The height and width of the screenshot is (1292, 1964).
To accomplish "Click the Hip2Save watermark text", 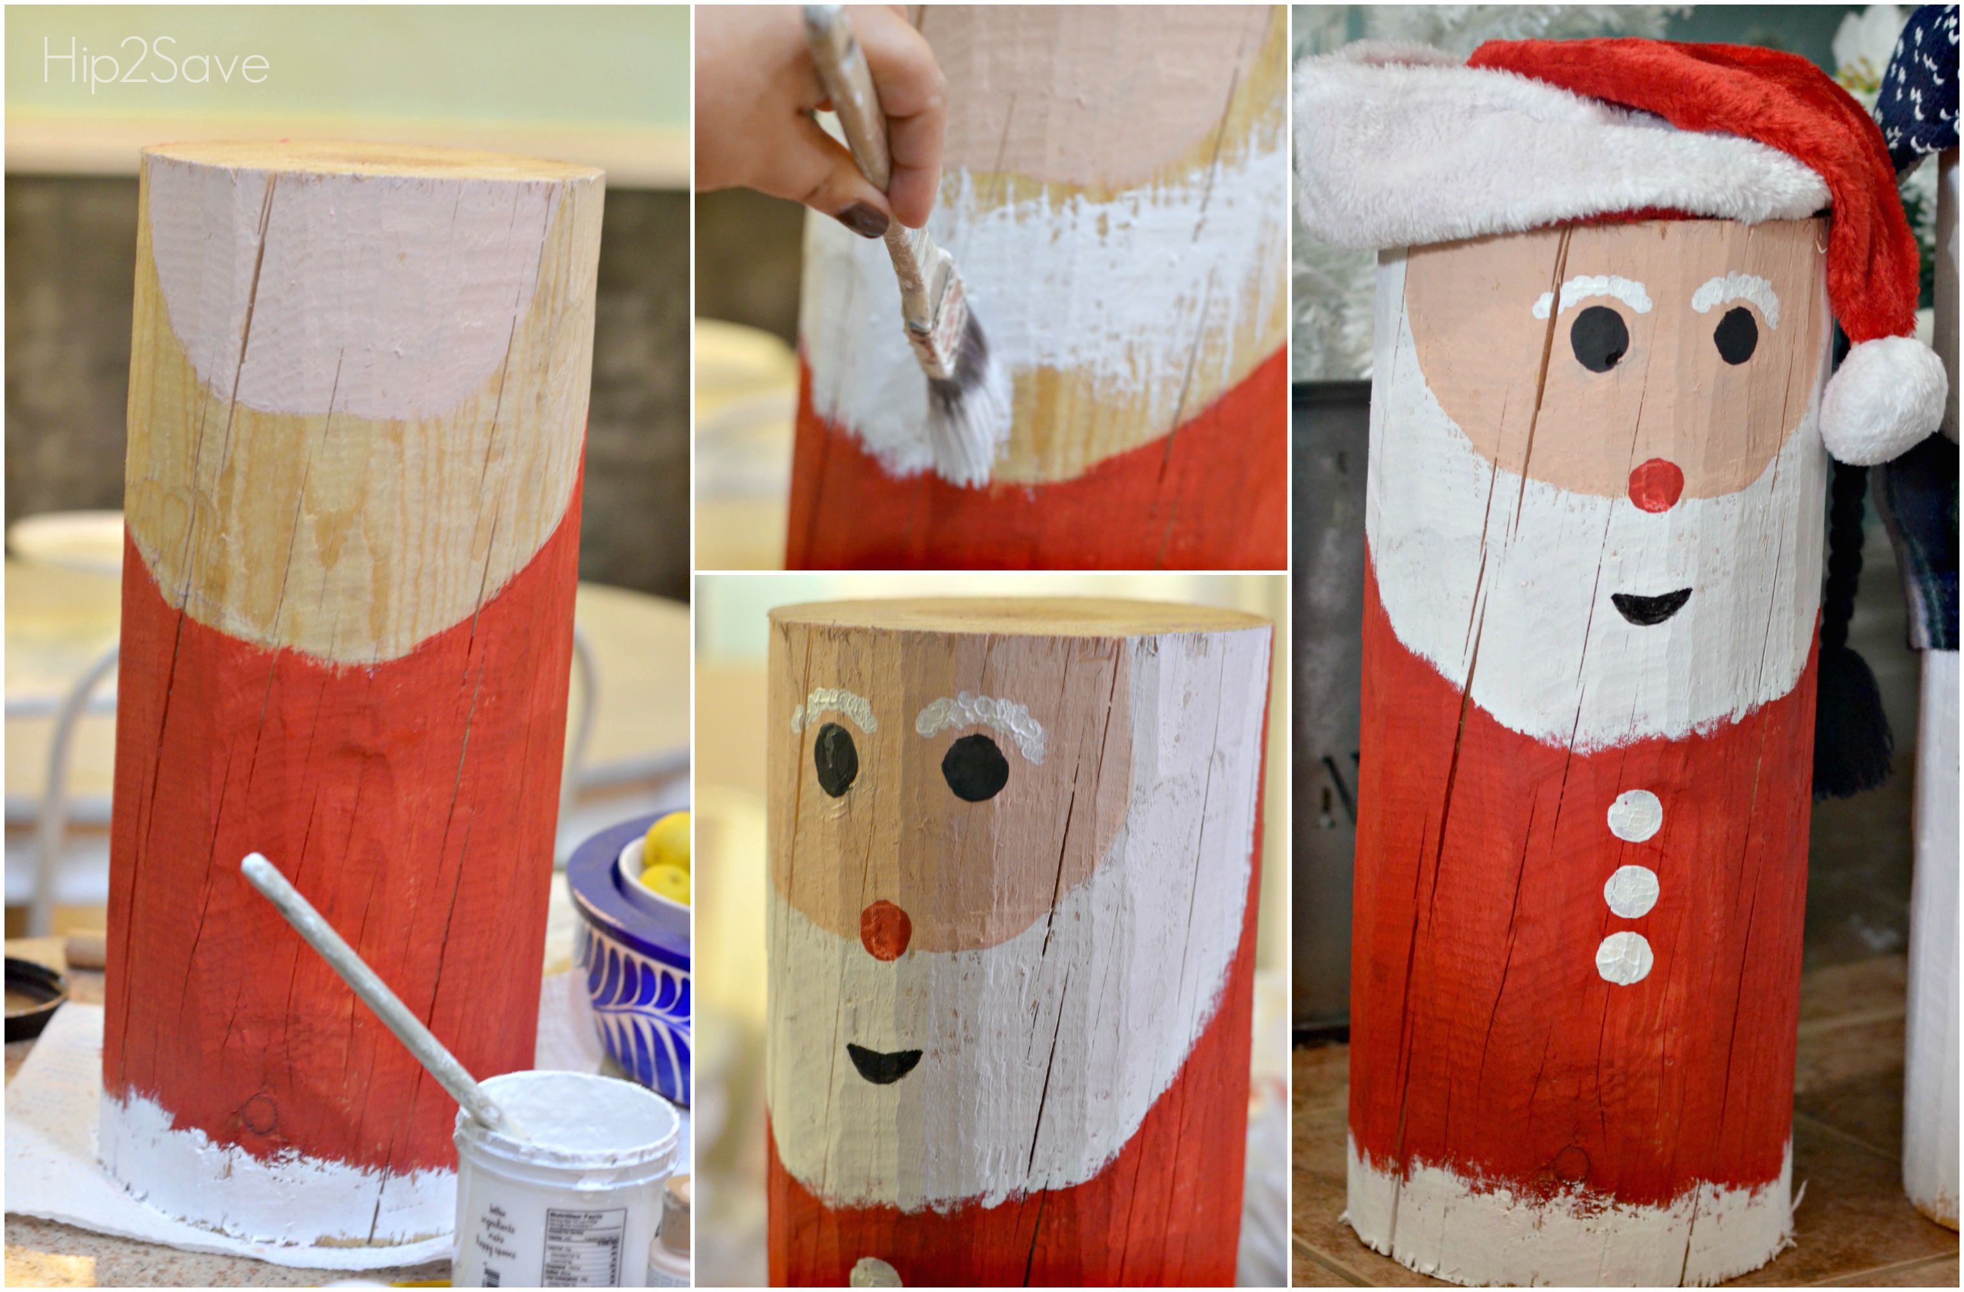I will (x=156, y=63).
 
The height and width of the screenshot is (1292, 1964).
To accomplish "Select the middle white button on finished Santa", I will (x=1631, y=890).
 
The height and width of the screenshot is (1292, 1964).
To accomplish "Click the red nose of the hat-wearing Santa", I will (x=1655, y=484).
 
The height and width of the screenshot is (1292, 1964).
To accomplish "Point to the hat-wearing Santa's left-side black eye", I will (x=1600, y=339).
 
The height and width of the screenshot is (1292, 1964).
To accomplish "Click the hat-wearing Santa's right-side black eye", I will (x=1735, y=335).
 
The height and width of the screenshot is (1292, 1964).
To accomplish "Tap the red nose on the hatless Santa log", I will (x=885, y=929).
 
